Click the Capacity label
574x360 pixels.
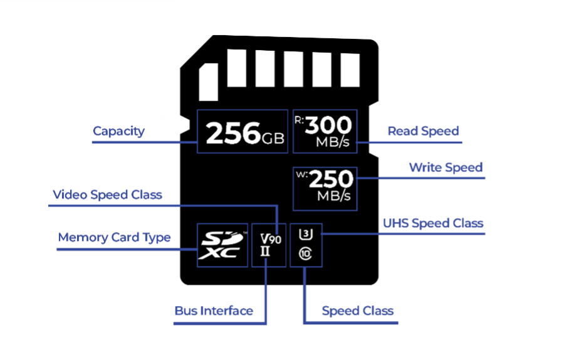point(118,131)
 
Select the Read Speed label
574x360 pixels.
point(423,131)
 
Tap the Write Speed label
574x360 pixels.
point(446,167)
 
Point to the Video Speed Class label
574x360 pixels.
point(107,194)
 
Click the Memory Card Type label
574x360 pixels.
point(114,238)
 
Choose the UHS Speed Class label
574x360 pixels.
point(433,223)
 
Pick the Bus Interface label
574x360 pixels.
point(214,310)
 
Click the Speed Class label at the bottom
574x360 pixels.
point(357,310)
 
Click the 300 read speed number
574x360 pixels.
point(328,125)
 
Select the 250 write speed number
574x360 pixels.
point(331,180)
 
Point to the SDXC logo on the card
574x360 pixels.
point(221,245)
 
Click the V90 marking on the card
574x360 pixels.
point(271,238)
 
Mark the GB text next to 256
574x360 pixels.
point(273,136)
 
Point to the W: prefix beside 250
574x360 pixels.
point(300,174)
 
